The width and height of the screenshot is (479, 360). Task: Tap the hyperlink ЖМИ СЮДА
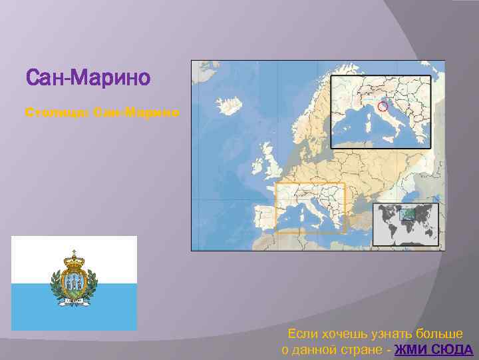tap(433, 350)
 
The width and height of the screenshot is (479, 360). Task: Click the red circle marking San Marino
tap(382, 107)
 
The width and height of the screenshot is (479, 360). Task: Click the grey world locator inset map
tap(405, 224)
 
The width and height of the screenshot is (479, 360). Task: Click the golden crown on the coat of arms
tap(74, 256)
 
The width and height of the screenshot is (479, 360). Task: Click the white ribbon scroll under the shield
tap(74, 301)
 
